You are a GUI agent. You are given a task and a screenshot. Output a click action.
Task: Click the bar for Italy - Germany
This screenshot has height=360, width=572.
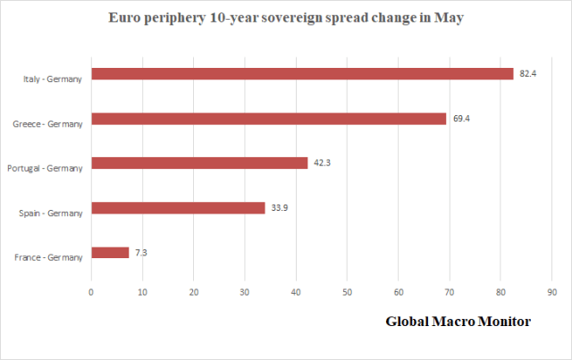(x=302, y=73)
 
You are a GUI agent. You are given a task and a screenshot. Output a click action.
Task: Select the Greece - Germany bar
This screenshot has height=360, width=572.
(x=268, y=118)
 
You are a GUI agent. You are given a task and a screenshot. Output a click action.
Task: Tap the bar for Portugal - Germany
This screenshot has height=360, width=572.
(x=199, y=163)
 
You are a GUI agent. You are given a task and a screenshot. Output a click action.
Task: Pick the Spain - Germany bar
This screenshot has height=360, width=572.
(x=178, y=207)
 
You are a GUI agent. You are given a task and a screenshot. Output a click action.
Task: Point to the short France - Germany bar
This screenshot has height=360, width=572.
(x=110, y=253)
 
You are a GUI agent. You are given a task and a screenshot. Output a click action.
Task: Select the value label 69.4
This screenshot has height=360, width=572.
(x=460, y=118)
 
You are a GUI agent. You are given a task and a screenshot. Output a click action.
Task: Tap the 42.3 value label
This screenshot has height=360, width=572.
(x=322, y=163)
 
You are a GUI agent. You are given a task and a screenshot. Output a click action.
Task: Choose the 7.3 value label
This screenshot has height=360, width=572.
(x=141, y=253)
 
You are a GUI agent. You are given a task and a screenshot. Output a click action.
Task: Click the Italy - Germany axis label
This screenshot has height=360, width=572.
(x=53, y=80)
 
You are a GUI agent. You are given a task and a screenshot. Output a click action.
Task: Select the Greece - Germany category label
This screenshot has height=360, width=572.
(x=48, y=124)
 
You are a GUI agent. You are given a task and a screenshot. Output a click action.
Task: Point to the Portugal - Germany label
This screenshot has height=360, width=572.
(x=46, y=169)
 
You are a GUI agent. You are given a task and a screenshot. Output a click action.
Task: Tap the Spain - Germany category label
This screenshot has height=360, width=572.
(x=51, y=213)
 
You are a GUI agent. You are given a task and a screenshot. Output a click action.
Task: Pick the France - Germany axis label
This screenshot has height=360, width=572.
(x=49, y=258)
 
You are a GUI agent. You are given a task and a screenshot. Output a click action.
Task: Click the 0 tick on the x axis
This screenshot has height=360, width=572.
(x=91, y=291)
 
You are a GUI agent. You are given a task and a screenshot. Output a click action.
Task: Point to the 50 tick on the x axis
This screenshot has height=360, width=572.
(x=347, y=291)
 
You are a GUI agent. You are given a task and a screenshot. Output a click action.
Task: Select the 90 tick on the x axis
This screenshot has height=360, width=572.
(x=551, y=291)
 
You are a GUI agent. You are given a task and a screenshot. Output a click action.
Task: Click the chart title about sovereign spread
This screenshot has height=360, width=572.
(x=285, y=18)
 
